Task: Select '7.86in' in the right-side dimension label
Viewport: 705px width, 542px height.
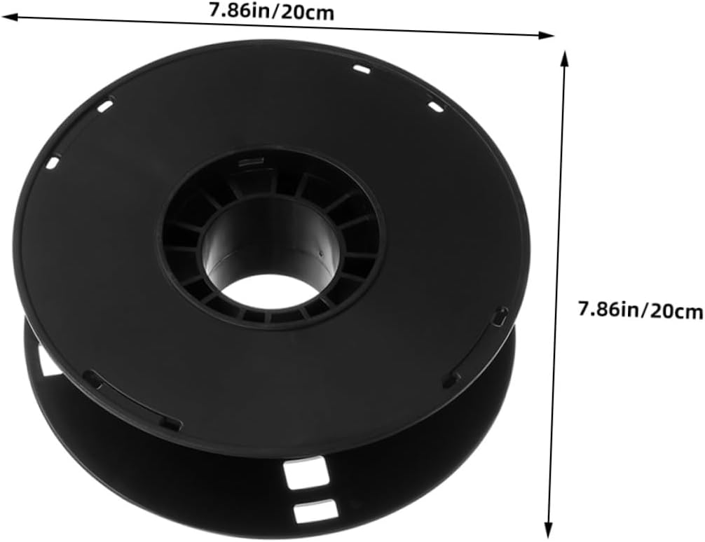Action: point(608,310)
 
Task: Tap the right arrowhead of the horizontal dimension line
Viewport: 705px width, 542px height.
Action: point(546,35)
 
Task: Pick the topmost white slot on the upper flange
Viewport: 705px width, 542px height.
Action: point(362,69)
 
